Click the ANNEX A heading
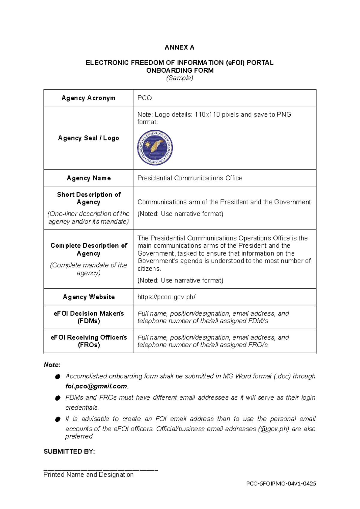pyautogui.click(x=179, y=47)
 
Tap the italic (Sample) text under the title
pyautogui.click(x=180, y=78)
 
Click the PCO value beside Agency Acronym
pyautogui.click(x=145, y=98)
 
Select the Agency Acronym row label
pyautogui.click(x=88, y=98)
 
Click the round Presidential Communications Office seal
pyautogui.click(x=155, y=148)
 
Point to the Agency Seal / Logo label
pyautogui.click(x=88, y=138)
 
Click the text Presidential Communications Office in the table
pyautogui.click(x=190, y=178)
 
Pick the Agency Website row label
pyautogui.click(x=88, y=297)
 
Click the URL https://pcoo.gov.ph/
pyautogui.click(x=166, y=297)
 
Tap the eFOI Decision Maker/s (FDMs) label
pyautogui.click(x=88, y=317)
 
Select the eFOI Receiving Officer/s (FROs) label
pyautogui.click(x=88, y=341)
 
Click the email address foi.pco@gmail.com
pyautogui.click(x=96, y=387)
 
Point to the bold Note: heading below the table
pyautogui.click(x=52, y=365)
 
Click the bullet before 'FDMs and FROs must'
pyautogui.click(x=58, y=398)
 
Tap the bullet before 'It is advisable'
pyautogui.click(x=58, y=419)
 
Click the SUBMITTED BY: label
pyautogui.click(x=69, y=452)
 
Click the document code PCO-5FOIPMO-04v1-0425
pyautogui.click(x=281, y=483)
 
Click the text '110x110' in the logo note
pyautogui.click(x=207, y=115)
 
